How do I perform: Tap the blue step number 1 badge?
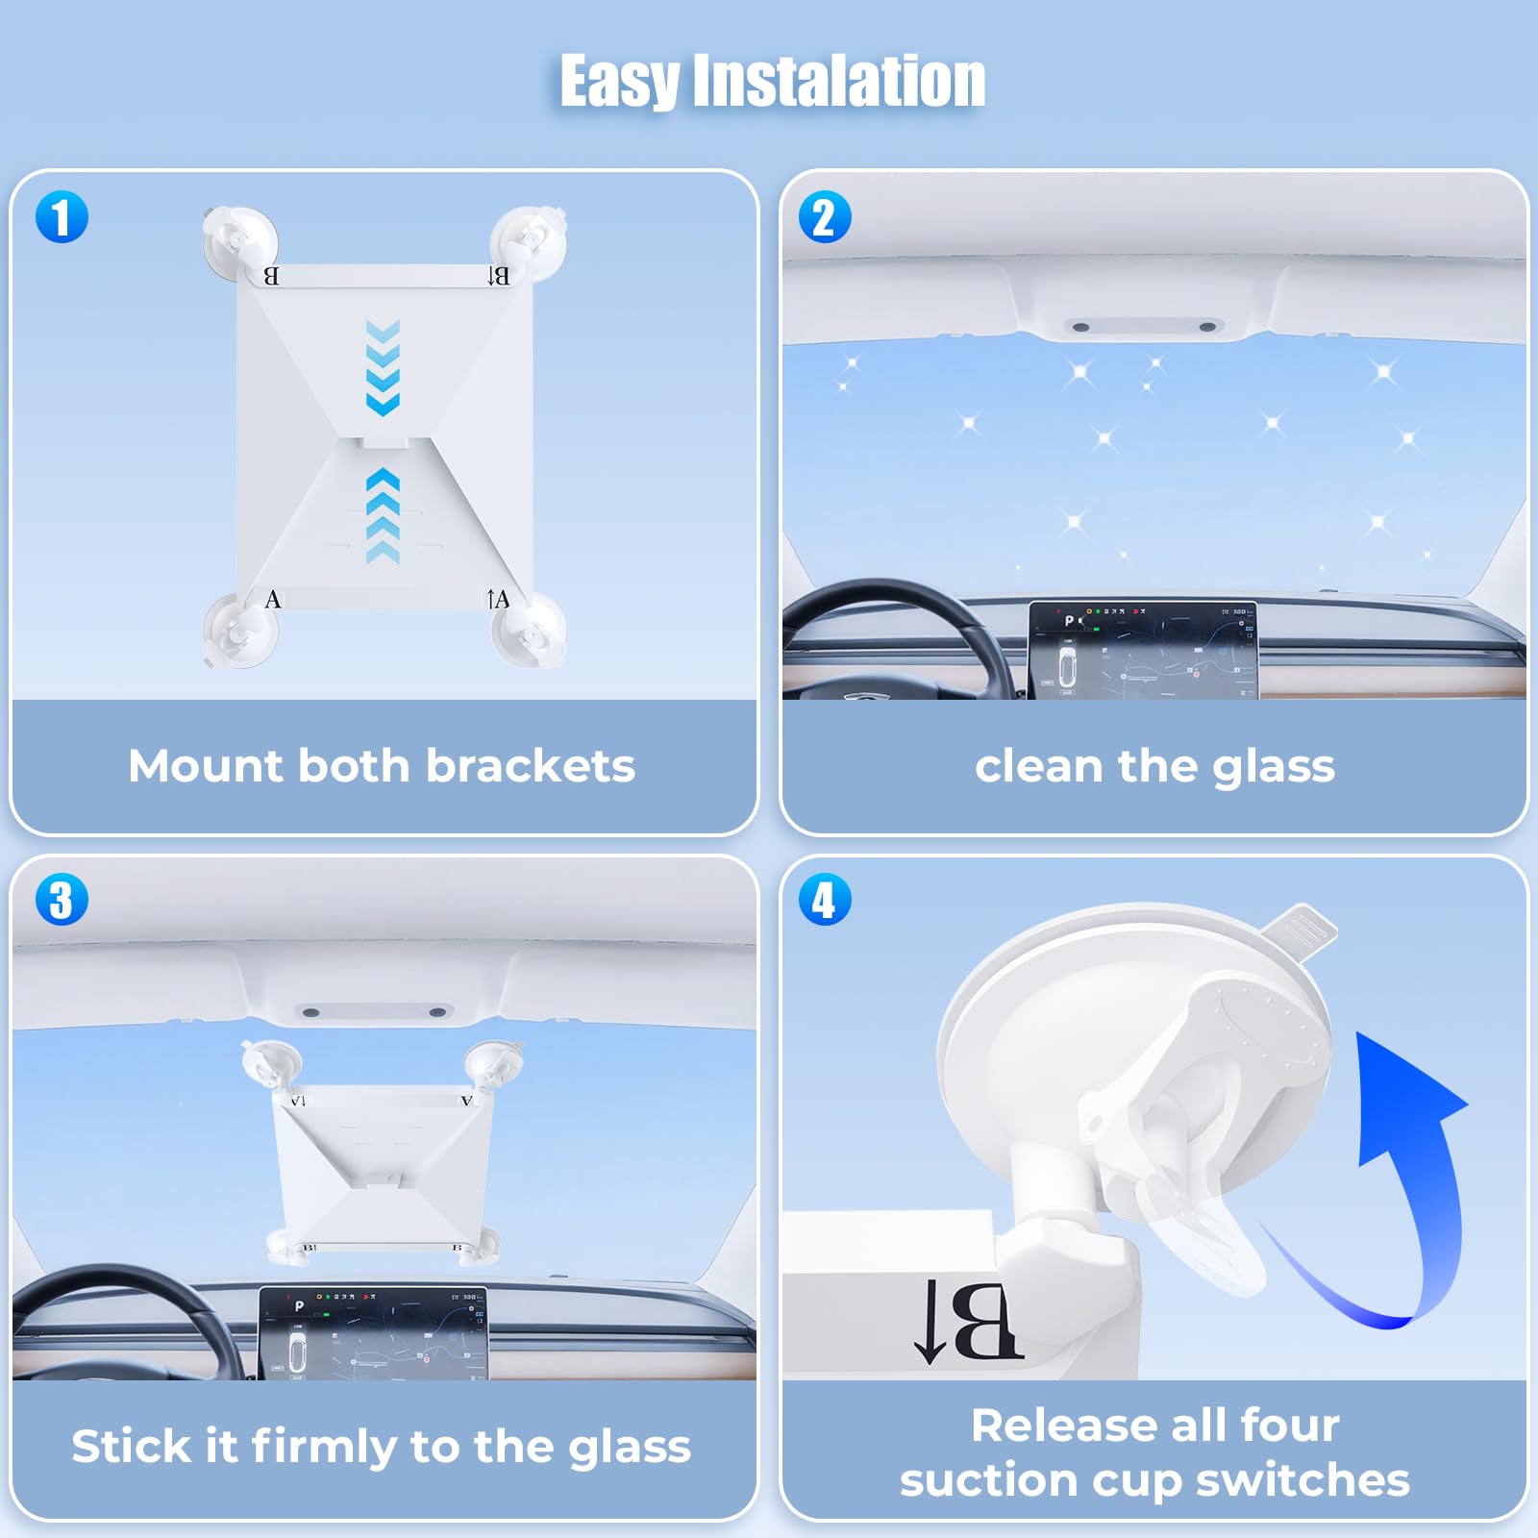tap(62, 216)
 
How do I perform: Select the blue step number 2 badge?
tap(825, 216)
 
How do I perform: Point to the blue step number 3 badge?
tap(62, 900)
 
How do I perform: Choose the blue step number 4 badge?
tap(825, 900)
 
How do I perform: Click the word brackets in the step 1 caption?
tap(530, 766)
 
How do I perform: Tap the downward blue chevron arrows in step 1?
tap(383, 368)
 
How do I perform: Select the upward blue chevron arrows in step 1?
tap(383, 516)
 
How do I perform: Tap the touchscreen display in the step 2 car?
tap(1143, 650)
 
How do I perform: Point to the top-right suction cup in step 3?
tap(493, 1066)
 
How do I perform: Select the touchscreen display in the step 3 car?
tap(374, 1333)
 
